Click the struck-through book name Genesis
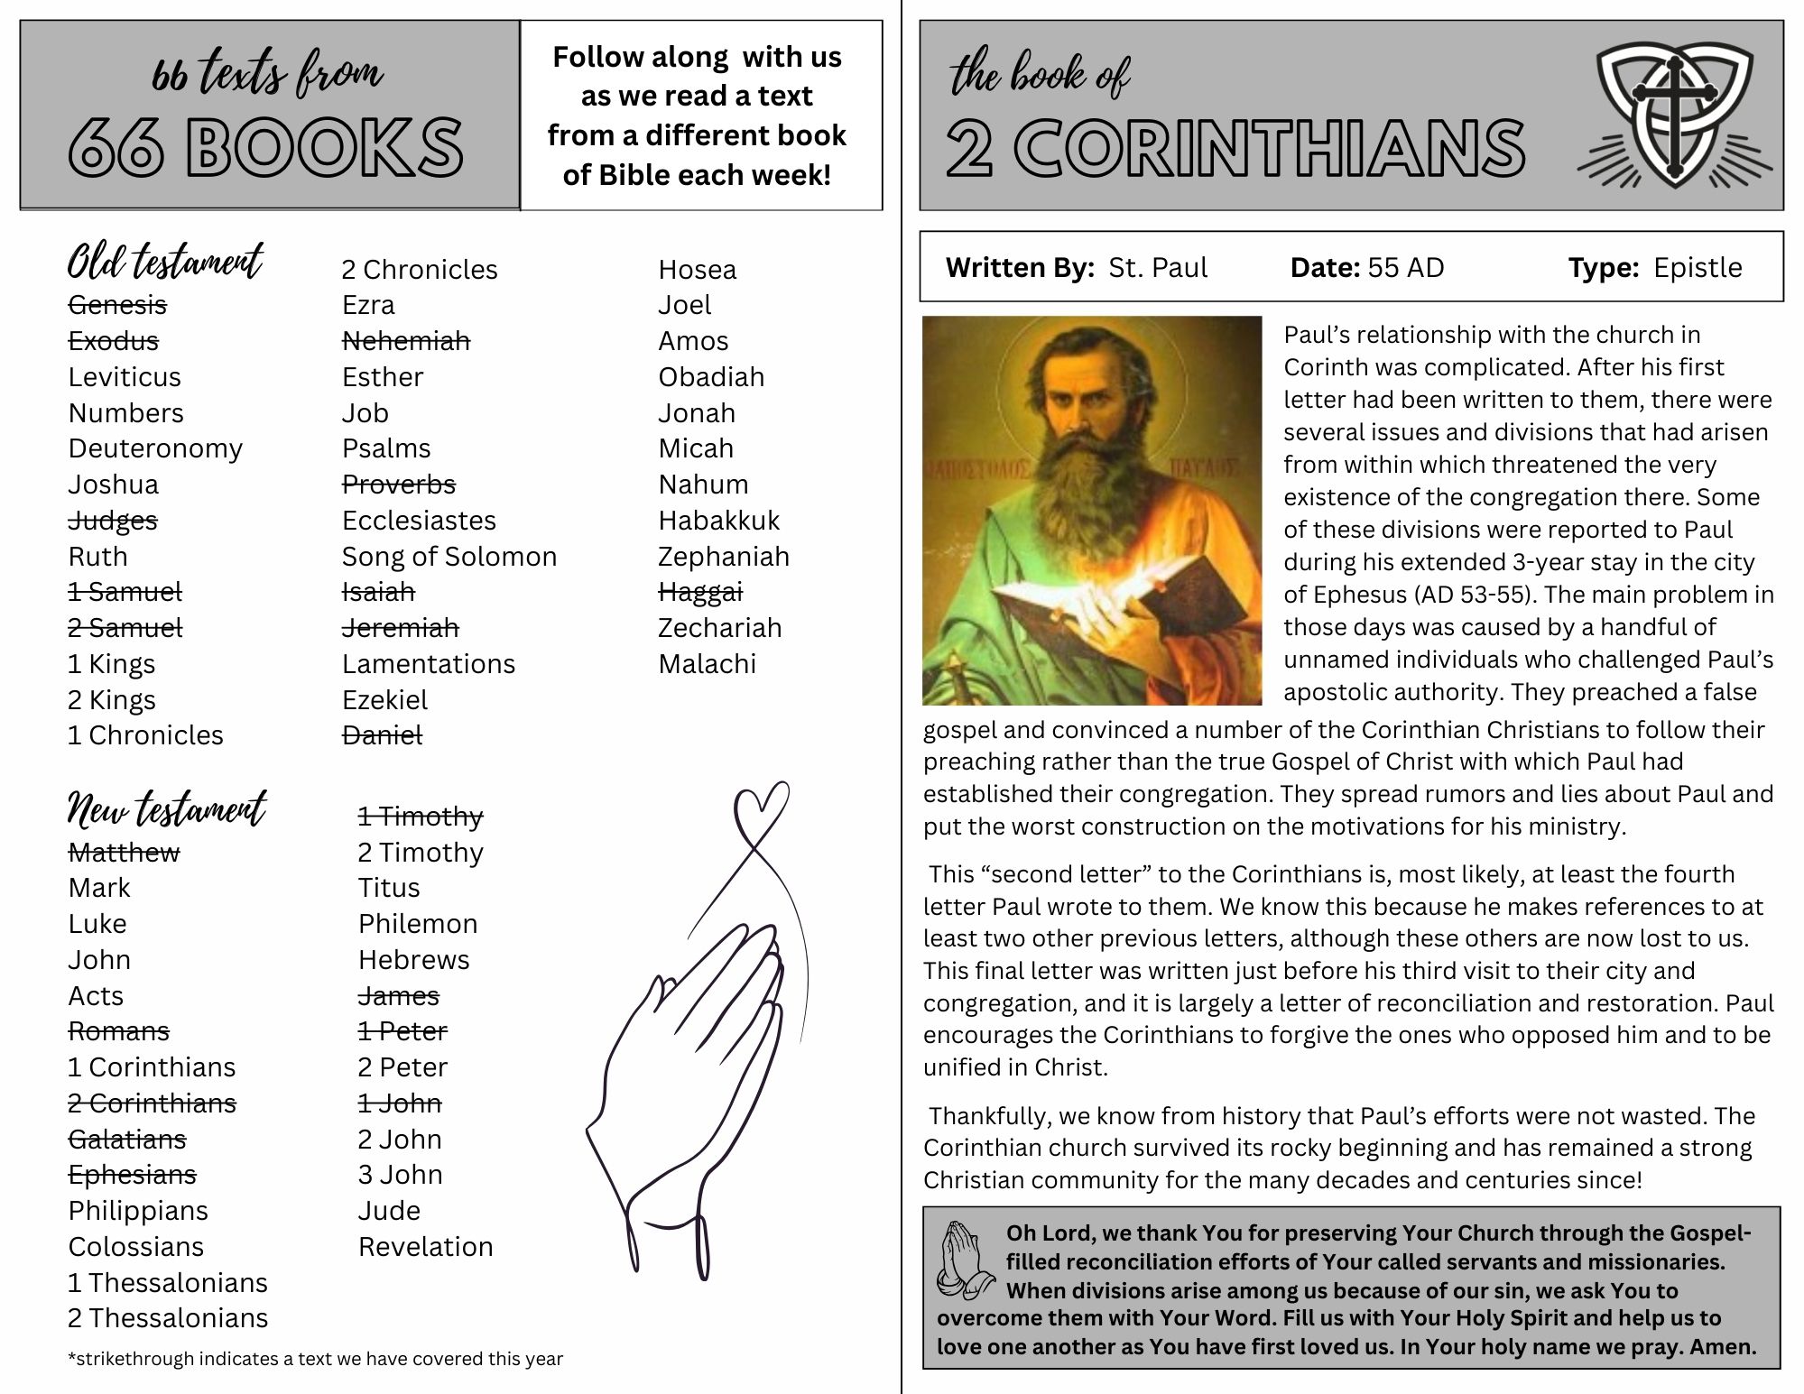117,305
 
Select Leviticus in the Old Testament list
125,377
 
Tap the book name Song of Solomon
449,557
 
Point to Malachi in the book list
707,664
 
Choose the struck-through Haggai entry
699,592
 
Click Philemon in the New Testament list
417,924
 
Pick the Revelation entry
425,1247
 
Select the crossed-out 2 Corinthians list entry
152,1103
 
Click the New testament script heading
167,808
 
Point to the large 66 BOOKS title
266,147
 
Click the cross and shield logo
1674,113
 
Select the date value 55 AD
1405,268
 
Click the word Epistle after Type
1698,268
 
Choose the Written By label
1020,268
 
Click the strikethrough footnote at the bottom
315,1359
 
